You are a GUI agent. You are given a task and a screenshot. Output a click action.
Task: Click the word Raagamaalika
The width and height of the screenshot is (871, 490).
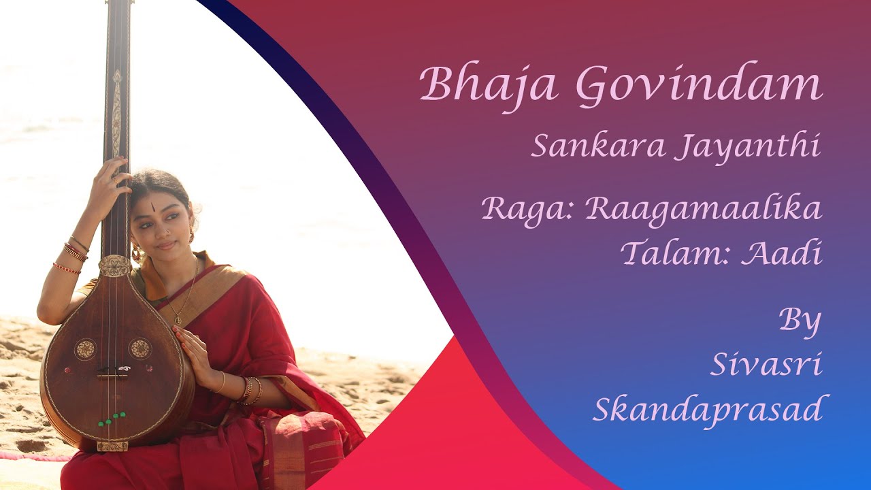[702, 209]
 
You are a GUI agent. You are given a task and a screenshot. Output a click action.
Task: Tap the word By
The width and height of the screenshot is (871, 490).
[800, 321]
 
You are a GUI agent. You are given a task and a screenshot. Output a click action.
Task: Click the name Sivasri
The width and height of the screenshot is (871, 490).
[766, 365]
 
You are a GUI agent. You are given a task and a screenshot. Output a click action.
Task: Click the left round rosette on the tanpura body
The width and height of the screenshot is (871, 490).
[85, 348]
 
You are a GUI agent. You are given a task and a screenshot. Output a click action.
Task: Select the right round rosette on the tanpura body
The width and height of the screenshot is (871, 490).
[139, 348]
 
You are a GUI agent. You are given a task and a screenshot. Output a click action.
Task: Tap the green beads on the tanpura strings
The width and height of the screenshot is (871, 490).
[112, 418]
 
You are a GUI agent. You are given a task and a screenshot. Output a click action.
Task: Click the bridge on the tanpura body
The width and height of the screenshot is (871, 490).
[113, 373]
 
